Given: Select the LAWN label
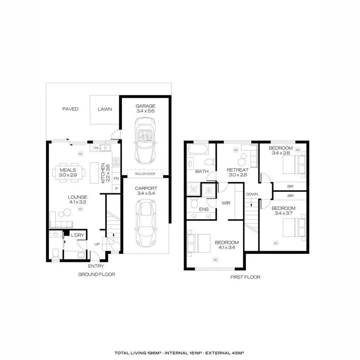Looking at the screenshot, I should tap(105, 109).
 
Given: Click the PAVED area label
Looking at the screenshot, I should tap(70, 109).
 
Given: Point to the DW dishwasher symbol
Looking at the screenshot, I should tap(96, 148).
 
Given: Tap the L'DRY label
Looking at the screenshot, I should tap(77, 236).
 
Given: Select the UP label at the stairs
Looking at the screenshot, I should tap(97, 244).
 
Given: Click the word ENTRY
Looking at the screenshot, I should tap(96, 266).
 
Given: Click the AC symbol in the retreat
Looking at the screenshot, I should tap(235, 150).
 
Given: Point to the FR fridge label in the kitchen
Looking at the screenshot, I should tap(117, 179).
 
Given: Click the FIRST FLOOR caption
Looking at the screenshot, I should tap(245, 277).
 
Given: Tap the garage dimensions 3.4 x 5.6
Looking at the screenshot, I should tap(145, 111).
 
